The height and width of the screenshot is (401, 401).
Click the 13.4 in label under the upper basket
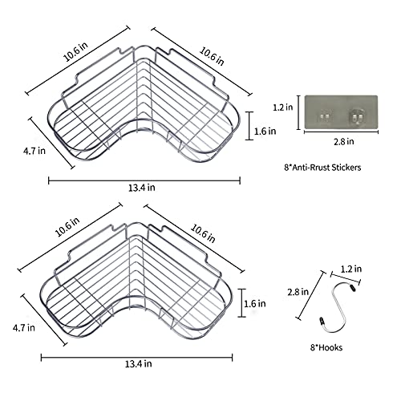click(x=142, y=188)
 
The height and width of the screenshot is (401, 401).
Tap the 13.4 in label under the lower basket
click(x=139, y=364)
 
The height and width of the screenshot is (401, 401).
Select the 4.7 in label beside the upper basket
click(x=34, y=151)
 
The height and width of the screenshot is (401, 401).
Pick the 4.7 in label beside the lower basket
click(x=24, y=328)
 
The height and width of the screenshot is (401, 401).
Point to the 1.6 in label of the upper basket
click(x=265, y=132)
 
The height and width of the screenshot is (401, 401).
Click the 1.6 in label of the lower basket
click(x=255, y=304)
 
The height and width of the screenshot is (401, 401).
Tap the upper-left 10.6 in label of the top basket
click(x=75, y=52)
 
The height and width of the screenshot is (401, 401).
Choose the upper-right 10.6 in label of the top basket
click(x=212, y=56)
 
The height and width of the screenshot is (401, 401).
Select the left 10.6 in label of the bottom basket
click(x=67, y=227)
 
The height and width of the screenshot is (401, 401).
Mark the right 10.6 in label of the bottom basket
click(x=203, y=233)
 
